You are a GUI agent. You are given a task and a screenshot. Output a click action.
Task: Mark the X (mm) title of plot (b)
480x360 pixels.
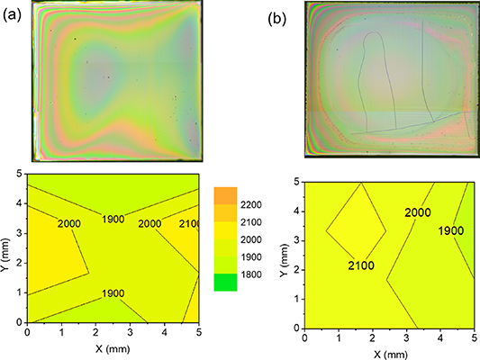(385, 355)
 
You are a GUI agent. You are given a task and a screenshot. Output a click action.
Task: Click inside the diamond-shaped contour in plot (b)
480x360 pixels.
(356, 229)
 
